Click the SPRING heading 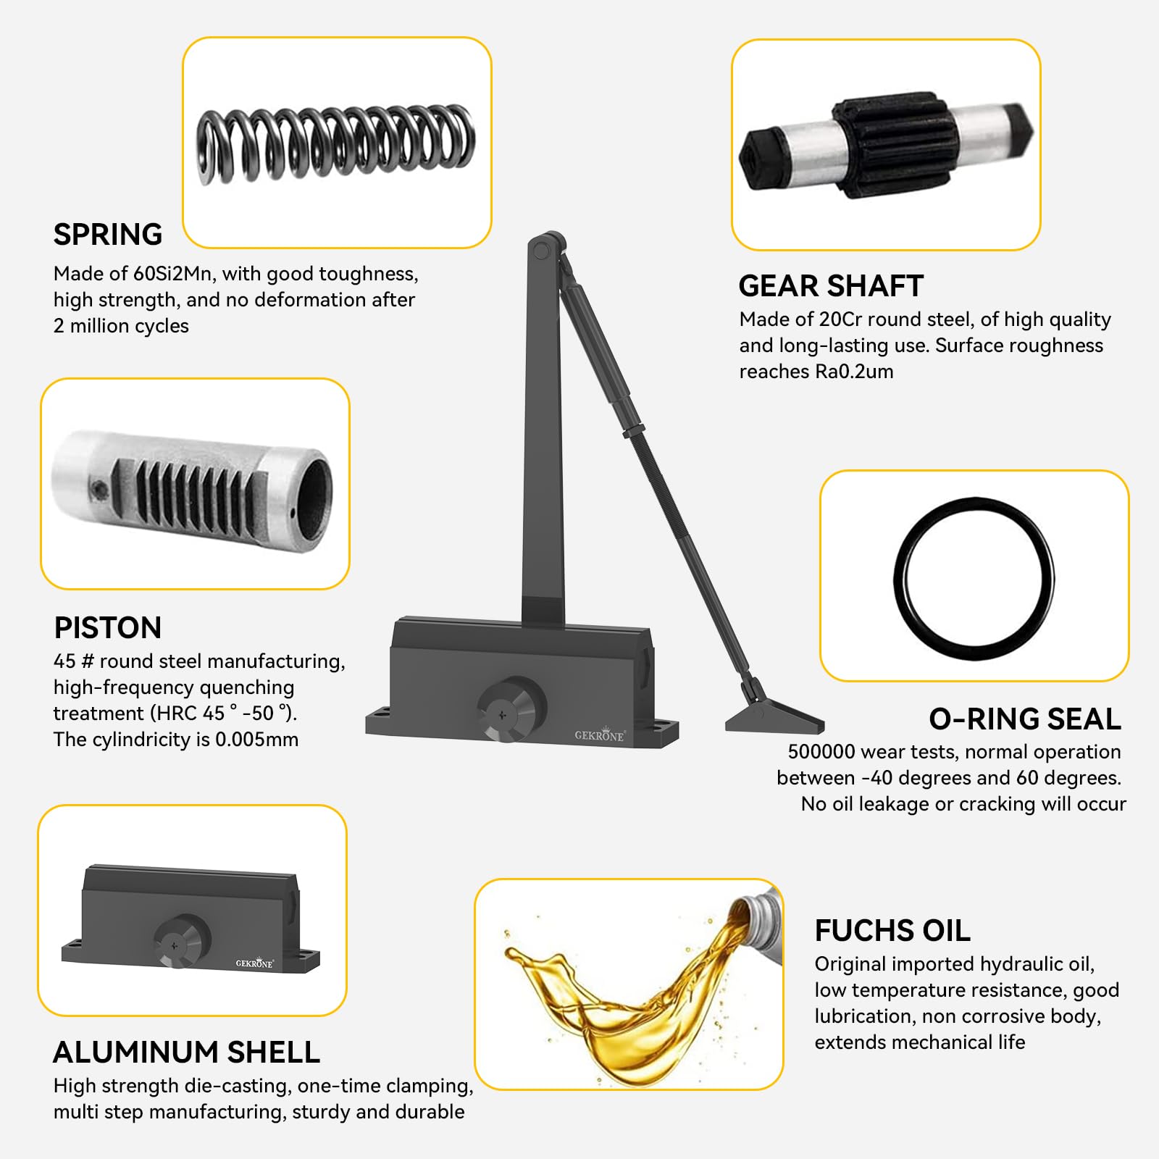tap(108, 235)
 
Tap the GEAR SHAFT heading tap(831, 286)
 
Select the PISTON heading tap(108, 628)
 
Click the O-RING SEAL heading tap(1025, 719)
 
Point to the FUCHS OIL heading tap(892, 931)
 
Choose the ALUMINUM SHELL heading tap(187, 1053)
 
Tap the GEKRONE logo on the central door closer tap(600, 735)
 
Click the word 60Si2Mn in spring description tap(174, 274)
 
